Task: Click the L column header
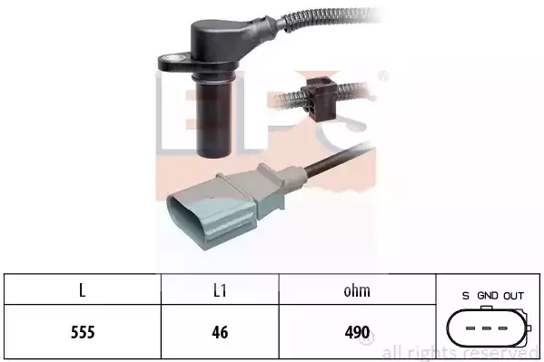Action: coord(83,290)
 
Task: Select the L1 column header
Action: coord(220,290)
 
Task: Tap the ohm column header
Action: coord(357,290)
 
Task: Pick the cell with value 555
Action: coord(83,332)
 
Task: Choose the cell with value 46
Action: coord(220,332)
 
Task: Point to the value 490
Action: coord(357,332)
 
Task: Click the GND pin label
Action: coord(488,296)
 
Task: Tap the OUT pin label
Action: coord(513,296)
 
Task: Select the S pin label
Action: coord(466,296)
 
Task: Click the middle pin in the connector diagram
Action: coord(487,328)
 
